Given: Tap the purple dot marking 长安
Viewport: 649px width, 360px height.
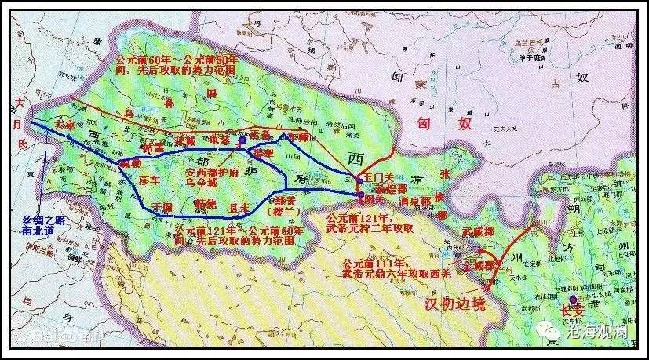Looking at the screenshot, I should click(574, 300).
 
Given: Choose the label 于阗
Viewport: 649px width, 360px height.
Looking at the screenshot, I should click(160, 206).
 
